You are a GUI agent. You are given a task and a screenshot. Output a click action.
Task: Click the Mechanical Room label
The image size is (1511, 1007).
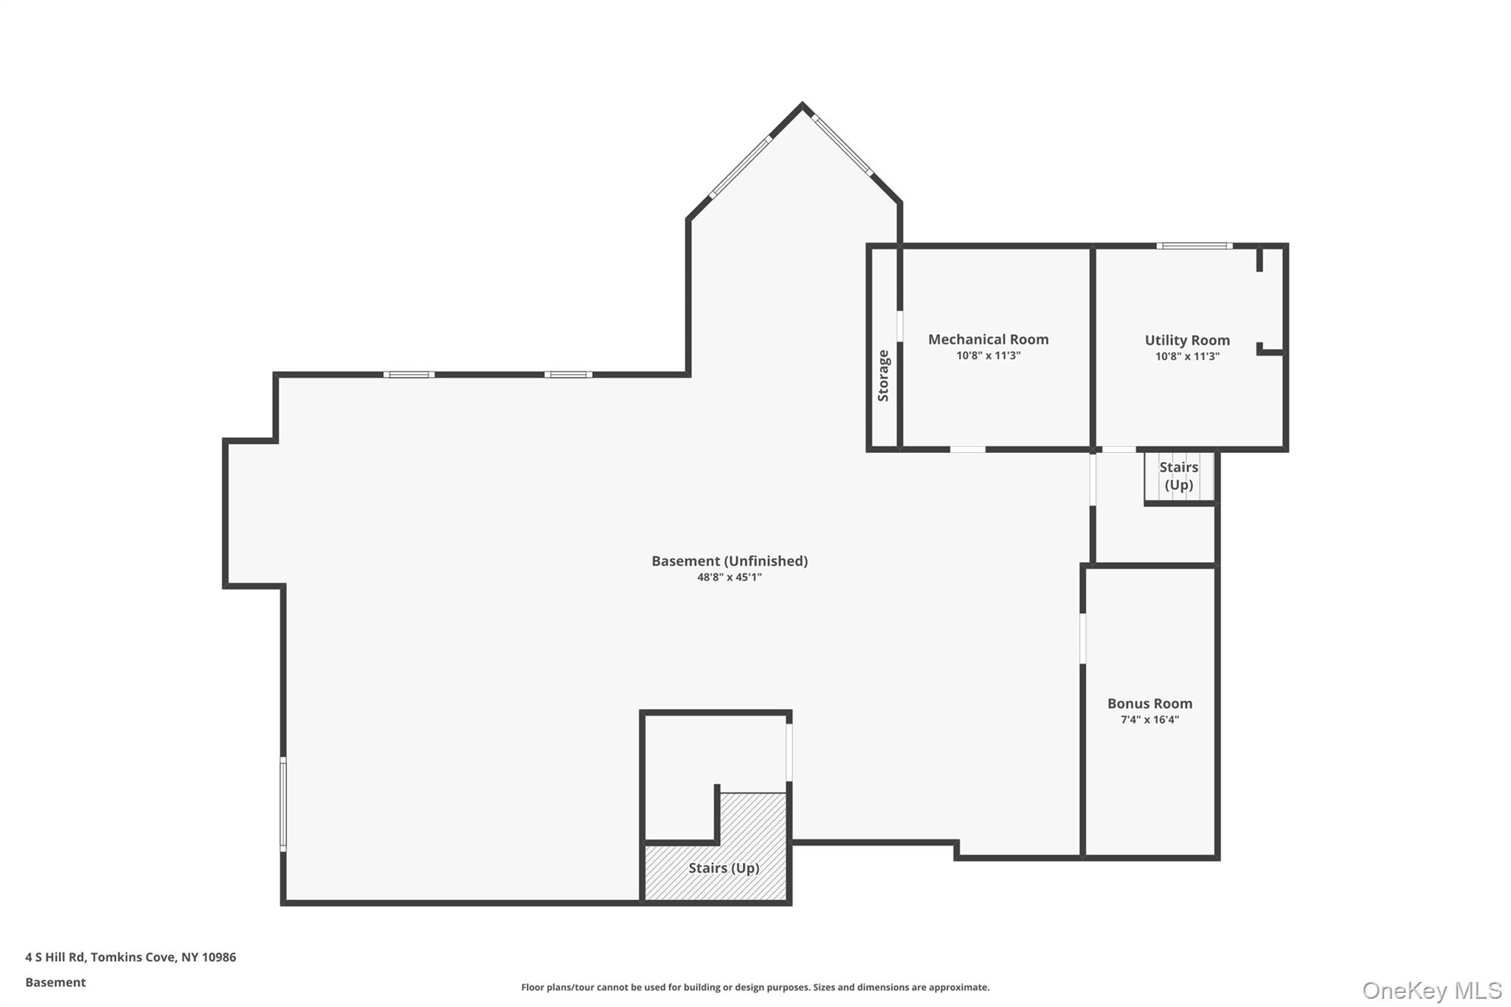pos(988,339)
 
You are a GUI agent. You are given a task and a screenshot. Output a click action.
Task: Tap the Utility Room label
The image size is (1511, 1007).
pos(1186,340)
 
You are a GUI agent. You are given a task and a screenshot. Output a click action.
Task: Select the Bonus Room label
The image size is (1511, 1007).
pos(1149,704)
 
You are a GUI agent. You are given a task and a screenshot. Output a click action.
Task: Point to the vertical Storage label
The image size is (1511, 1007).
pos(883,376)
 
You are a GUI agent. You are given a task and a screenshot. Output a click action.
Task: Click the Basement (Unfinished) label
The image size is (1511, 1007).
pos(729,561)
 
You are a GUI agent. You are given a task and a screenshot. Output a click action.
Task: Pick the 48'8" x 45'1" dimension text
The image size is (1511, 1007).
pos(729,578)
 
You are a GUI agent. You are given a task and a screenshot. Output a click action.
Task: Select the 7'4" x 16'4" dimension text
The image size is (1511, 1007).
pos(1149,720)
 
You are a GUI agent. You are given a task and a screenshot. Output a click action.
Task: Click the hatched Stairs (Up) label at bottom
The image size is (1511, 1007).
pos(723,868)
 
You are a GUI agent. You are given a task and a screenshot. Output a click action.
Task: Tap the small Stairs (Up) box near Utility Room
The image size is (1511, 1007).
pos(1178,476)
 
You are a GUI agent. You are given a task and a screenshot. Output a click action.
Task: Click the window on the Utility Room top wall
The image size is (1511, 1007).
pos(1194,246)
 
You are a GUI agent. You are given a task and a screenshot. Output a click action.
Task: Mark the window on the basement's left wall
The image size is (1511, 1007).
pos(283,804)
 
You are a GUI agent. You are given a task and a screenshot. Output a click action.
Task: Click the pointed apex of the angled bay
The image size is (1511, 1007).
pos(802,105)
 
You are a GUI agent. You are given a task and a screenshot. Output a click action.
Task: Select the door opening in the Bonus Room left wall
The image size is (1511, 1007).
pos(1082,638)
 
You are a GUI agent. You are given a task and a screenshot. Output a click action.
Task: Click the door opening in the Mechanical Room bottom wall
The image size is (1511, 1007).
pos(967,449)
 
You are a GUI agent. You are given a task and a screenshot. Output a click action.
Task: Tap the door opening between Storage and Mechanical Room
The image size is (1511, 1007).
pos(899,326)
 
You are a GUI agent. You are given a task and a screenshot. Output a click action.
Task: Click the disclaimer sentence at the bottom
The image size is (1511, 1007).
pos(755,987)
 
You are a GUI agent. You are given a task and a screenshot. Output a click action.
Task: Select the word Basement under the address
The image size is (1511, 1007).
pos(55,982)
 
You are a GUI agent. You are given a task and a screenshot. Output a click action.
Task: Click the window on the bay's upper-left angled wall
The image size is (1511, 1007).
pos(741,167)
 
